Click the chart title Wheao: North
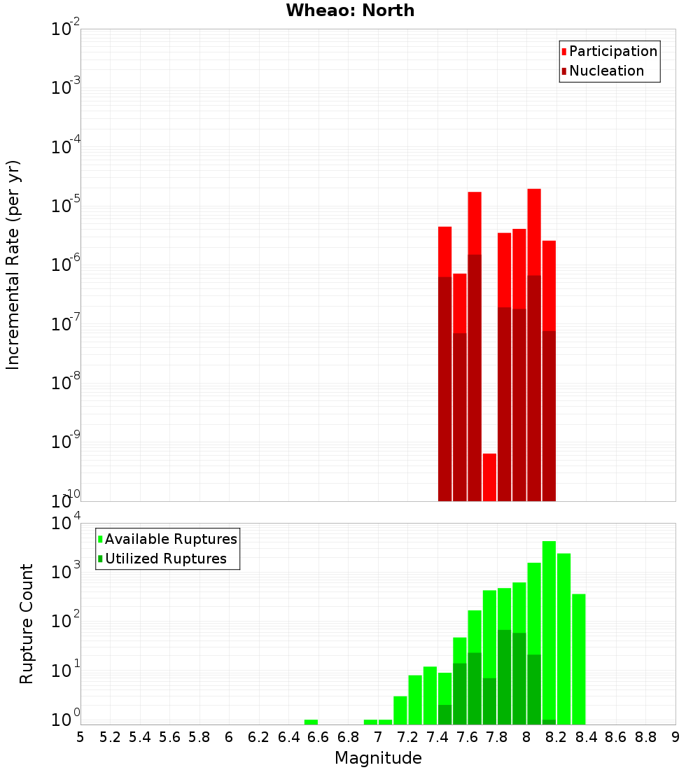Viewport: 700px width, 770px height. [x=350, y=10]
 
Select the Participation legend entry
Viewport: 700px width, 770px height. [x=612, y=52]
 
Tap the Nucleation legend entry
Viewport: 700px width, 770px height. [x=605, y=71]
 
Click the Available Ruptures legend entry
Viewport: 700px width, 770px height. [x=170, y=539]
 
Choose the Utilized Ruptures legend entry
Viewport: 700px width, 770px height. [x=165, y=559]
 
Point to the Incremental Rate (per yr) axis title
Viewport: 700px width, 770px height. [x=14, y=265]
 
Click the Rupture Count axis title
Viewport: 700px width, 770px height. [x=27, y=623]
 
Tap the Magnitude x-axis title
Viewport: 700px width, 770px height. [x=378, y=758]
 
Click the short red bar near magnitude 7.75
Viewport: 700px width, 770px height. [x=489, y=477]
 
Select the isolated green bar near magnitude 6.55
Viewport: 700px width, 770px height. [x=311, y=722]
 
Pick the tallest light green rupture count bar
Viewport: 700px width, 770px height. [x=549, y=630]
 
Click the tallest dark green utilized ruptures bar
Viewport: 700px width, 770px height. [x=504, y=676]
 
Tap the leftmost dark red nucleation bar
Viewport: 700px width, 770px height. [x=444, y=388]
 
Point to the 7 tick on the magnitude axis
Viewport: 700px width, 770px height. [x=378, y=737]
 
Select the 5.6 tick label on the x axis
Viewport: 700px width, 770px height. [x=170, y=737]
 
